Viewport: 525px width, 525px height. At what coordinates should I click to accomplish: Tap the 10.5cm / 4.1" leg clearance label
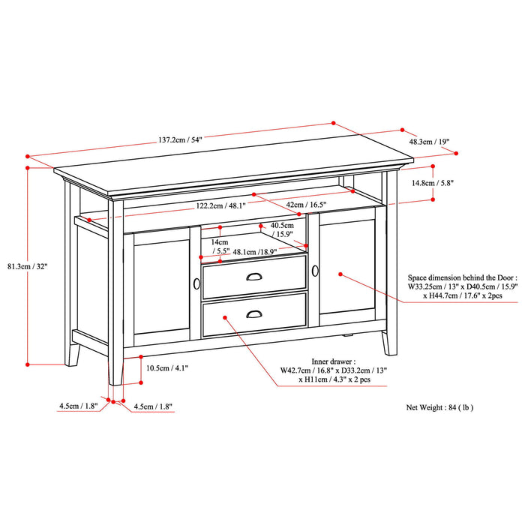coord(167,367)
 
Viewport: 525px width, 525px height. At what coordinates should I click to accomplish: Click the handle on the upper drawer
coord(254,277)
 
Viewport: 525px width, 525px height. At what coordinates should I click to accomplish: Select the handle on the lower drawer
coord(254,314)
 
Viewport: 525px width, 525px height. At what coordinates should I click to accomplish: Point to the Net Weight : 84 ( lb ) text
coord(439,408)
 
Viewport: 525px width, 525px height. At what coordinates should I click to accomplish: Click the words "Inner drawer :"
coord(334,360)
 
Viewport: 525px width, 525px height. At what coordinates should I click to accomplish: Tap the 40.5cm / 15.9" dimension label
coord(283,229)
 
